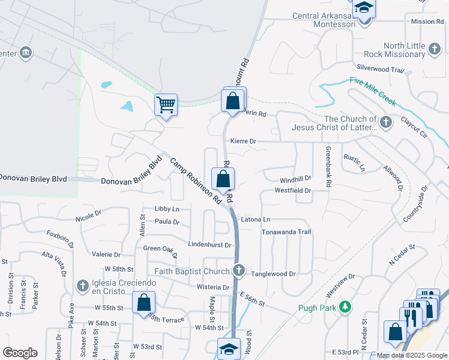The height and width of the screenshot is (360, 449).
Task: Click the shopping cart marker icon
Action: coord(166,105)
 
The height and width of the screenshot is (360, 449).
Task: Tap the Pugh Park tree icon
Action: coord(345,308)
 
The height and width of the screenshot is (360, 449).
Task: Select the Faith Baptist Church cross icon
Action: coord(239,271)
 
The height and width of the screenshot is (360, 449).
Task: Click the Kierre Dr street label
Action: coord(244,142)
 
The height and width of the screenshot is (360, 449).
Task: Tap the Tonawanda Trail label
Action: coord(286,232)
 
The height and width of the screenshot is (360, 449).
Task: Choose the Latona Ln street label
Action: coord(256,220)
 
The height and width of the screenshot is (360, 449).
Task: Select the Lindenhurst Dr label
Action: coord(209,245)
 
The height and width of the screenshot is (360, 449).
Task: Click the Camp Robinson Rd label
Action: coord(195,184)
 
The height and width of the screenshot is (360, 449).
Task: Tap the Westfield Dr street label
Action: coord(293,191)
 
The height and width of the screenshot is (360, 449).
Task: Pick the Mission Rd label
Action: coord(427,22)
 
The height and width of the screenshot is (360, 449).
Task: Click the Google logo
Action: coord(20,352)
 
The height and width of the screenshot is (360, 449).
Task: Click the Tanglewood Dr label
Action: coord(276,274)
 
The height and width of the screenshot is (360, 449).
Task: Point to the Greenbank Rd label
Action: coord(328,167)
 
